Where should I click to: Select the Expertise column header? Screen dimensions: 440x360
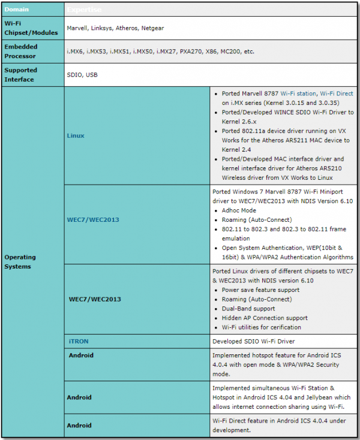tap(85, 10)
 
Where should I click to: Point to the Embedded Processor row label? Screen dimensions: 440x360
tap(22, 52)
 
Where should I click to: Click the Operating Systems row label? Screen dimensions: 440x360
tap(20, 262)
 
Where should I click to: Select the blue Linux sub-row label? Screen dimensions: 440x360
tap(76, 135)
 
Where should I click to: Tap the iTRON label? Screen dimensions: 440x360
tap(80, 340)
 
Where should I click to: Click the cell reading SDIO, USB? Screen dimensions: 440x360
tap(83, 74)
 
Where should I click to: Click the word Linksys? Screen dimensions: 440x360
tap(106, 28)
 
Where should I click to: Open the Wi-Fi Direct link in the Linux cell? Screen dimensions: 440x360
tap(337, 94)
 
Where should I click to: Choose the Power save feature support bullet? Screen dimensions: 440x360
tap(260, 290)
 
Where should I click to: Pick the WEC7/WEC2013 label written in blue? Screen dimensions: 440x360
tap(93, 219)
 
